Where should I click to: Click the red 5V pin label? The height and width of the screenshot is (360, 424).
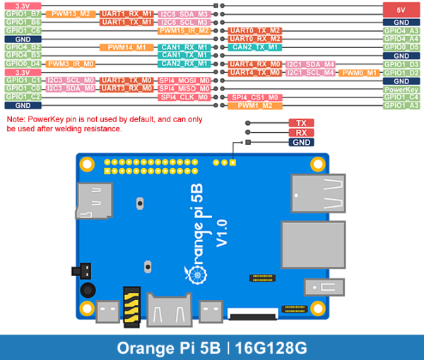tap(401, 10)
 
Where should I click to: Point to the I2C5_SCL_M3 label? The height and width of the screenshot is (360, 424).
tap(184, 22)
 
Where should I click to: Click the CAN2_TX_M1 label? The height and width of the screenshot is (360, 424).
tap(254, 47)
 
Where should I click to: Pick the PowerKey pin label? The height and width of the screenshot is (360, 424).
tap(401, 90)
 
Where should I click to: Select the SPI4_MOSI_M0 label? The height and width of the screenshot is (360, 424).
tap(184, 81)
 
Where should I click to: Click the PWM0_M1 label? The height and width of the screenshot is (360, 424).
tap(360, 73)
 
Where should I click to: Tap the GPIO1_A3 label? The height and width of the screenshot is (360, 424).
tap(401, 106)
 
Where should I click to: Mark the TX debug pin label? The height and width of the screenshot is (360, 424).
tap(300, 123)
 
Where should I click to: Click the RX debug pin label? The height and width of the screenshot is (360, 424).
tap(300, 133)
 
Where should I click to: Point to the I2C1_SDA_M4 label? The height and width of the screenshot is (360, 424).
tap(310, 64)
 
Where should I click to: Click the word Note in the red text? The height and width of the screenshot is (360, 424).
tap(16, 120)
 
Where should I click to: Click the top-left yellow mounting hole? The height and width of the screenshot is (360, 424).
tap(87, 165)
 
